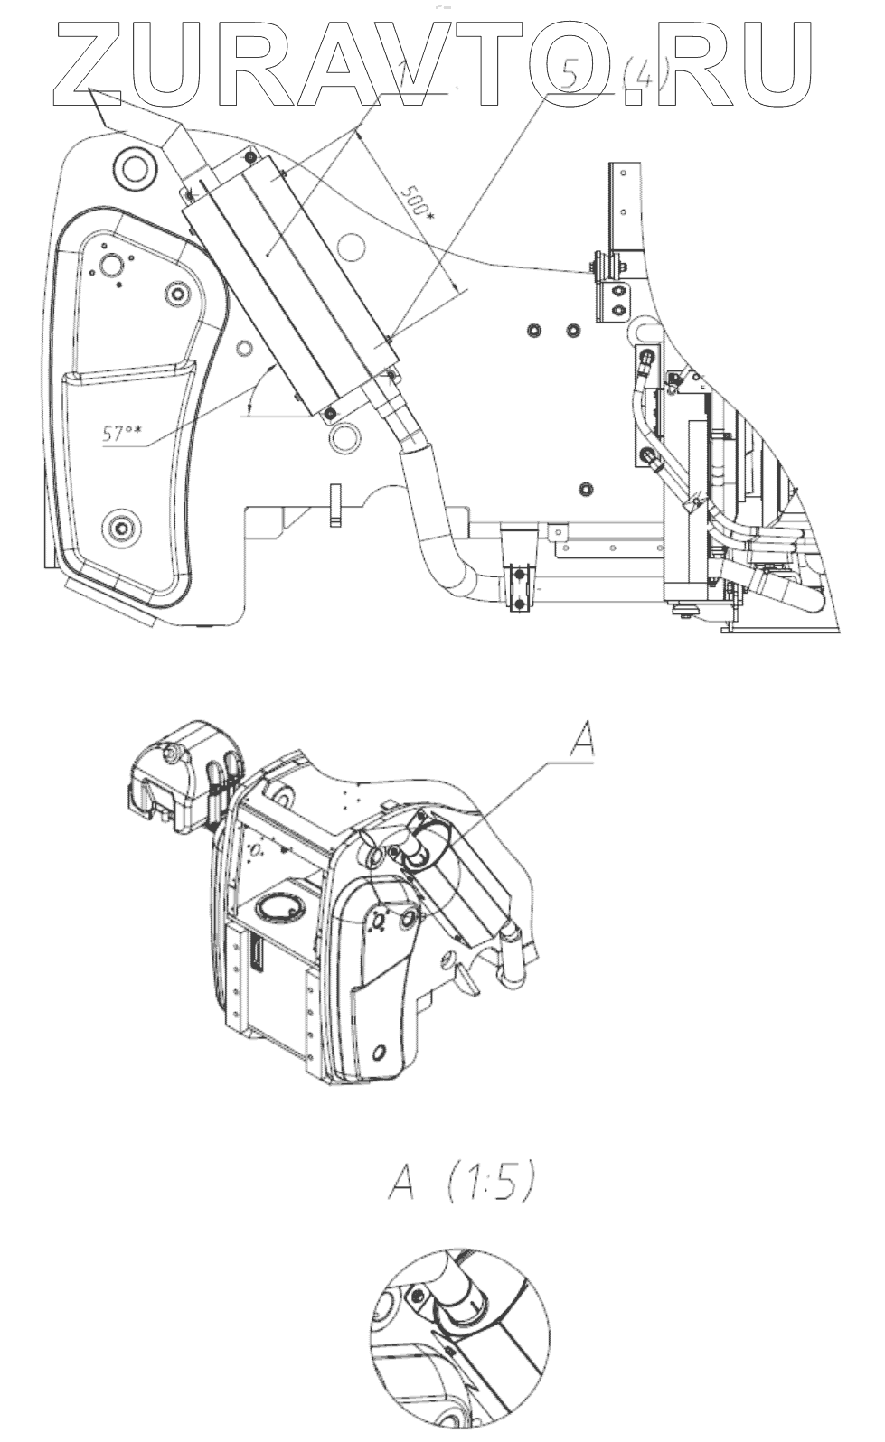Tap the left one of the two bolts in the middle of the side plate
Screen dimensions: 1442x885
[x=535, y=331]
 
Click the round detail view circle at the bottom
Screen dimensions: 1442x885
[x=459, y=1341]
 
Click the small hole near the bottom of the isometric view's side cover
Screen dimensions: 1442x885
[x=381, y=1051]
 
